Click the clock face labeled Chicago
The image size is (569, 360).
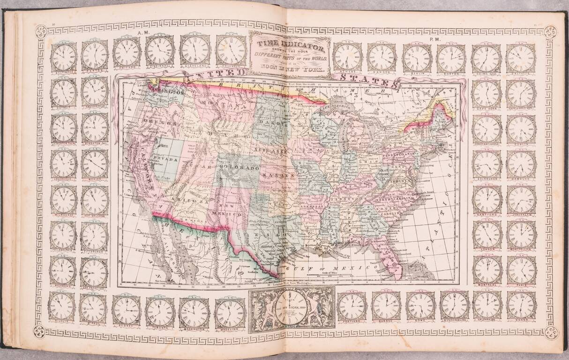click(127, 52)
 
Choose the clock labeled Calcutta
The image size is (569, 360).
click(521, 58)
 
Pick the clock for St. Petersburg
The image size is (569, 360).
click(454, 305)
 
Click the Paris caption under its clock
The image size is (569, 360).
click(521, 285)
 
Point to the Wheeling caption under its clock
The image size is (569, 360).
click(230, 330)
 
